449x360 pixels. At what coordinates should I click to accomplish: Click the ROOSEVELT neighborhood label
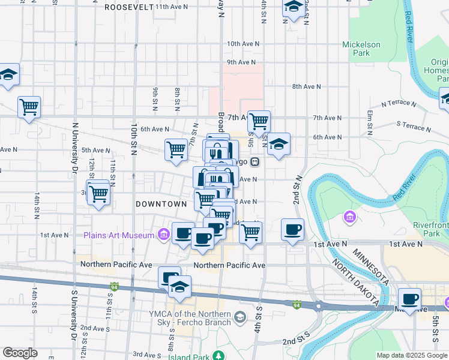128,7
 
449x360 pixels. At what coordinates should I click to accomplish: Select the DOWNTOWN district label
161,204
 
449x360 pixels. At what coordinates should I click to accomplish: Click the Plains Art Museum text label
119,235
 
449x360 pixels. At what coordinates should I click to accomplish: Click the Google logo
20,353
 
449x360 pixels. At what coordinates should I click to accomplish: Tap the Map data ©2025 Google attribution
412,355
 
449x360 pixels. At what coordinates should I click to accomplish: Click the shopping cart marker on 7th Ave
259,122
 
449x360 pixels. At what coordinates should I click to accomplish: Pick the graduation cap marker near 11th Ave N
292,8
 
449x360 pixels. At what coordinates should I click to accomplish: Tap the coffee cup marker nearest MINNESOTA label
410,299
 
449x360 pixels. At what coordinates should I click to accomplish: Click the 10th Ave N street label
243,44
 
